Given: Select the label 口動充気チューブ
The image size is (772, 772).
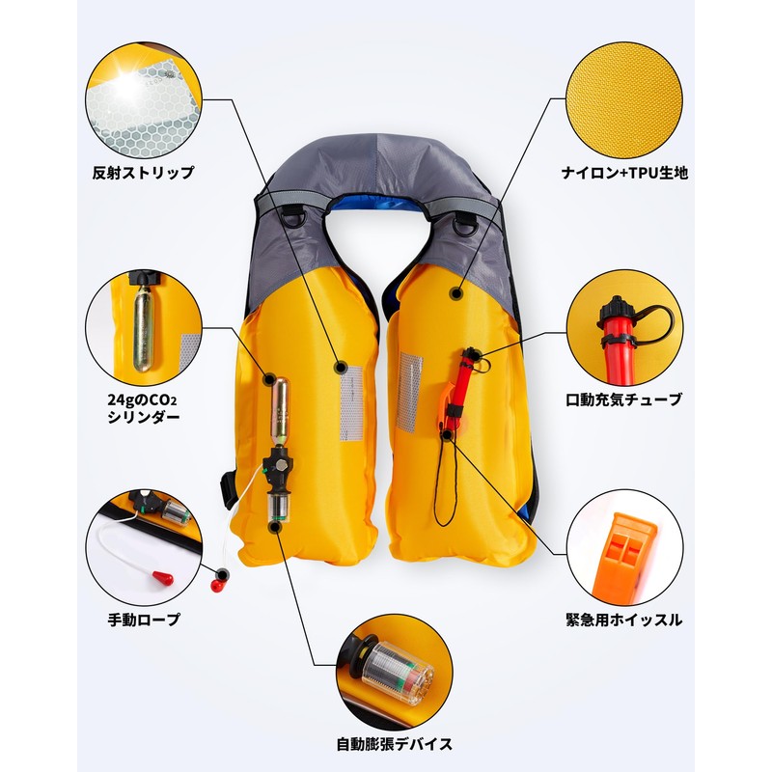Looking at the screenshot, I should coord(623,399).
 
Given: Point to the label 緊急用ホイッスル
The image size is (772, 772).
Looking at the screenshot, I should coord(623,620).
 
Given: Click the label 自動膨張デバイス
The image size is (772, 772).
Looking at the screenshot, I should coord(394,744).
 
